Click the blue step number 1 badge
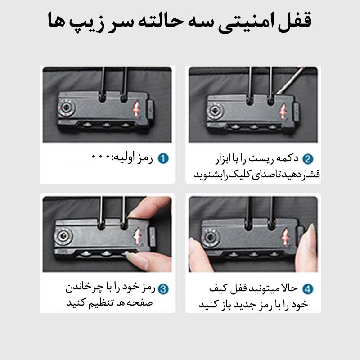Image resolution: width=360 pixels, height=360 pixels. pos(163,158)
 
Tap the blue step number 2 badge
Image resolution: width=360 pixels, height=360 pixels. pos(308,159)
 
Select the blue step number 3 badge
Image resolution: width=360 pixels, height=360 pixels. pos(163,289)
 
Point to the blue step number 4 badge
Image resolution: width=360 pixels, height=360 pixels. pos(308,289)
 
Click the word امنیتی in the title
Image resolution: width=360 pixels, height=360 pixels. pos(245,22)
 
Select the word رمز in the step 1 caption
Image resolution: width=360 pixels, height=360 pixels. pos(144,158)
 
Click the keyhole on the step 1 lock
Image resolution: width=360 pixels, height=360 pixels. pos(67,108)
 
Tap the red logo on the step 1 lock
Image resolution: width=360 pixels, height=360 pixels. pos(136,109)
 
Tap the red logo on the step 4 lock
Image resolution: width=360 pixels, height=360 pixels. pos(285,237)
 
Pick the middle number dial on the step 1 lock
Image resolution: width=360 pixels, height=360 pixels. pos(106,125)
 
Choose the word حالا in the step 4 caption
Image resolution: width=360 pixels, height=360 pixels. pos(289,288)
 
